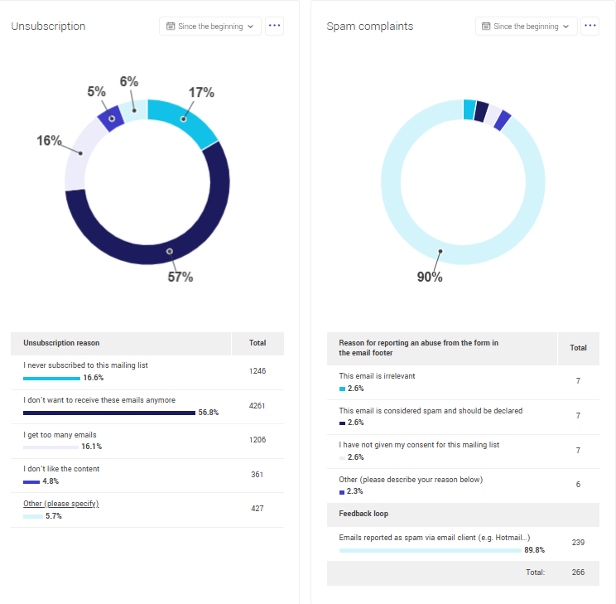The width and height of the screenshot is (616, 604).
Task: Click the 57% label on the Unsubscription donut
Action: [180, 277]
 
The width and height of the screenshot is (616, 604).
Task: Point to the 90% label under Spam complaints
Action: [429, 277]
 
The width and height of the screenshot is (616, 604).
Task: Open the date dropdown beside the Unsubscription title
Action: [210, 27]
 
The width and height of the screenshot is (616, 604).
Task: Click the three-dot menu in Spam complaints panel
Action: [590, 27]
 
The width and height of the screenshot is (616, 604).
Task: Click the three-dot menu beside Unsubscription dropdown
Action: [275, 27]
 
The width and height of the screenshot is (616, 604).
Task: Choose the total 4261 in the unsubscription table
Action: [257, 406]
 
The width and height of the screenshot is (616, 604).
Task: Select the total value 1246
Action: [257, 371]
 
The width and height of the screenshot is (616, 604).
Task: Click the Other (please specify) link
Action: [61, 504]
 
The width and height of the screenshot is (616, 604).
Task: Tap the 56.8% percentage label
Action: [208, 413]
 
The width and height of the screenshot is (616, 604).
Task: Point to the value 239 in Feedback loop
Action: [578, 542]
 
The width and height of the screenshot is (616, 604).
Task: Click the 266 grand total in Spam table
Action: [578, 573]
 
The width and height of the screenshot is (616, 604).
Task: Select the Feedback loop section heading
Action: [363, 514]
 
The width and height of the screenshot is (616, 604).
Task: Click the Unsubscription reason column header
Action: [61, 343]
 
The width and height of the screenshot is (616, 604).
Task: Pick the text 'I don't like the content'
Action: [61, 469]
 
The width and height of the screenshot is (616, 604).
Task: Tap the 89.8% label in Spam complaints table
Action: [534, 549]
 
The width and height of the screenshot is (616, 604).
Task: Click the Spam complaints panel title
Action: [369, 27]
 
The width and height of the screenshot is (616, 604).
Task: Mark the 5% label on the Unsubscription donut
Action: [96, 92]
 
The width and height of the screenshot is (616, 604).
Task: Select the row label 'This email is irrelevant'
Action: [377, 376]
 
